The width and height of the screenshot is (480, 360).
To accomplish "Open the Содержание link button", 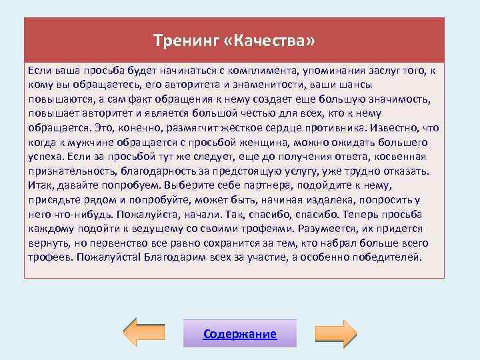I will point(239,333).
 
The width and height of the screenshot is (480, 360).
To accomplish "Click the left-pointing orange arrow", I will point(149,333).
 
